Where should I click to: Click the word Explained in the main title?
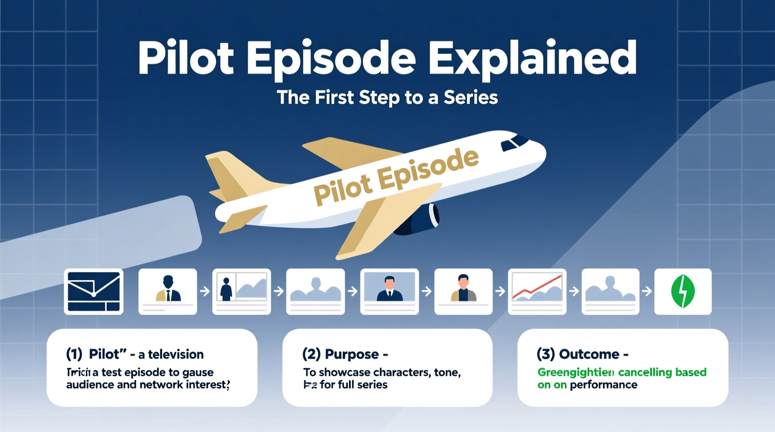coord(532,59)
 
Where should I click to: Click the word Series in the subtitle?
coord(470,98)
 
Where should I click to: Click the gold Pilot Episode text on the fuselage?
coord(396,176)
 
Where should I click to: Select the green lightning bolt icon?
coord(683,291)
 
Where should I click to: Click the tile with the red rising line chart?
coord(537,291)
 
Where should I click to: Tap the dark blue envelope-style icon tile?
coord(94,291)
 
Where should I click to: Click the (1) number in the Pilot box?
coord(74,354)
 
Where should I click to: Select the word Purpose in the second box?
coord(352,354)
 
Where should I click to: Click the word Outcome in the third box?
coord(589,354)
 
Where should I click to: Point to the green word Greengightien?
coord(576,372)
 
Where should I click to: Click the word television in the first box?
coord(176,355)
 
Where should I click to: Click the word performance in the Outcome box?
coord(603,385)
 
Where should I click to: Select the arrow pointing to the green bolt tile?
coord(647,291)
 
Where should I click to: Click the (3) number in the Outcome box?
coord(545,354)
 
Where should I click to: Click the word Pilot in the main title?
coord(186,59)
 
